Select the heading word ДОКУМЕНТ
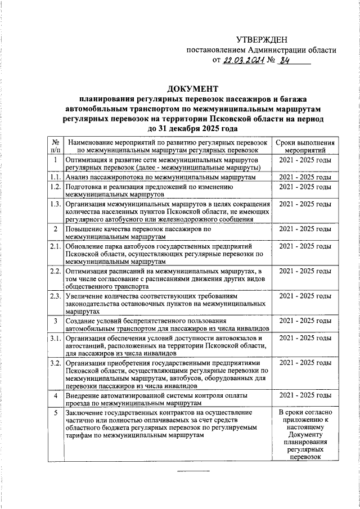[x=193, y=89]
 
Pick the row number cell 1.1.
[x=55, y=177]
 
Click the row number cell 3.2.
[x=55, y=363]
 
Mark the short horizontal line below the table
[x=193, y=470]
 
